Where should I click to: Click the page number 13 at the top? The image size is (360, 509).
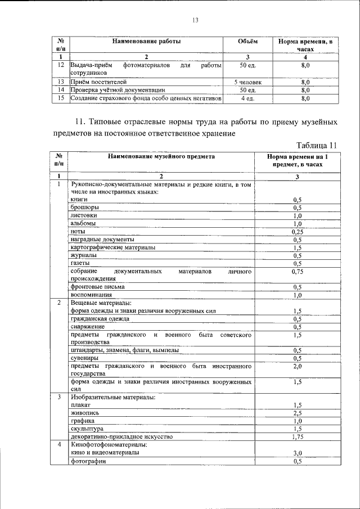coord(195,20)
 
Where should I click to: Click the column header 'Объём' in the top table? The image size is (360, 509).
coord(247,42)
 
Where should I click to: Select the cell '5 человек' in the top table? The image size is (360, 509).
coord(247,82)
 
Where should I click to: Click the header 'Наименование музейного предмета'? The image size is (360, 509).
coord(161,157)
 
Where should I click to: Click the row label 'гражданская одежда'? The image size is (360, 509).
coord(100,318)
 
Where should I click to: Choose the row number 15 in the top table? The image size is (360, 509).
coord(60,98)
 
